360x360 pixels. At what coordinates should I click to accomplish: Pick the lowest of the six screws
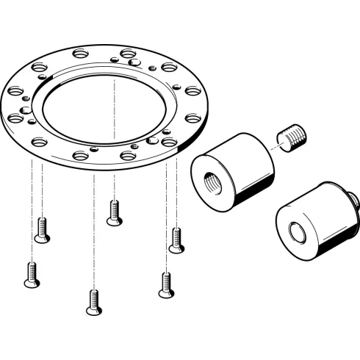click(93, 302)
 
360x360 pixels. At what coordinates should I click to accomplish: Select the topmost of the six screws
click(113, 212)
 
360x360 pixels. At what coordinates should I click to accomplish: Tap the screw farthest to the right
click(176, 240)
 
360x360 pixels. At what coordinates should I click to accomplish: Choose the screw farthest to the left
click(31, 274)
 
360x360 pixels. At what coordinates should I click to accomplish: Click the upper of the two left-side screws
click(43, 231)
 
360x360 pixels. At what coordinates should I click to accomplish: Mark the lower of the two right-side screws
click(166, 284)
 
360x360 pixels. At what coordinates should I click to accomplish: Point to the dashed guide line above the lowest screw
click(93, 235)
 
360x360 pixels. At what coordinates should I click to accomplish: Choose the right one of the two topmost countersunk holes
click(126, 54)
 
